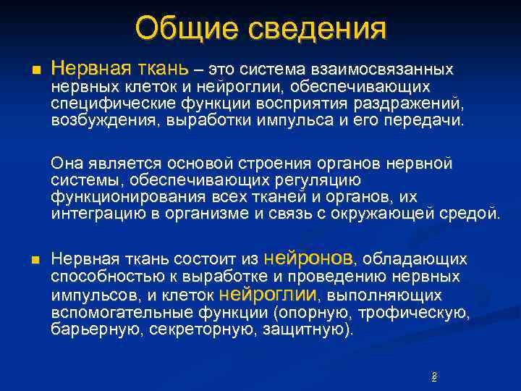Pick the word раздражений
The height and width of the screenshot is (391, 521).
[418, 104]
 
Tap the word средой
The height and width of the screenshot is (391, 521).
[470, 214]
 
